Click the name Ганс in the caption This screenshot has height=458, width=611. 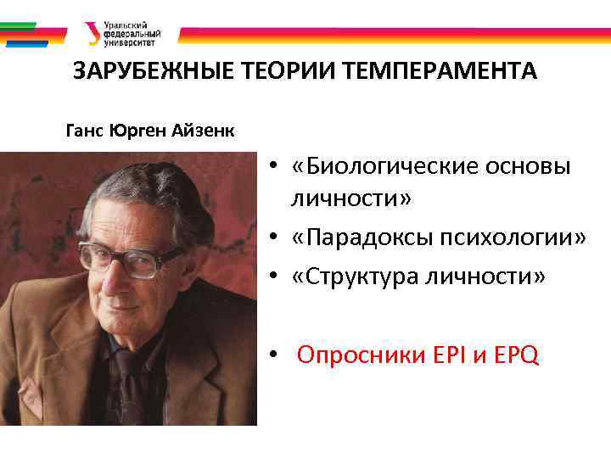[86, 131]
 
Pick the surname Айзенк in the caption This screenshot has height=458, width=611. [203, 131]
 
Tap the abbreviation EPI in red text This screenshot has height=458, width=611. [449, 355]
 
